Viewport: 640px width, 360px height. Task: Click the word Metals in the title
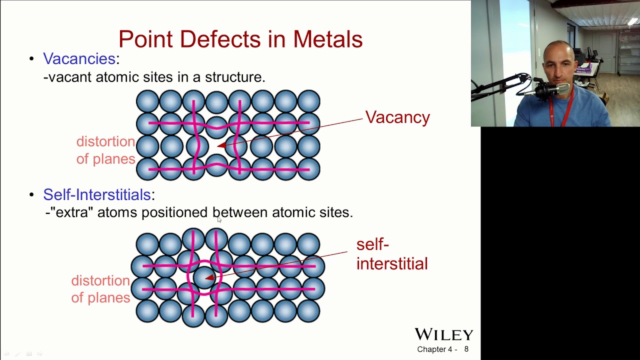coord(327,39)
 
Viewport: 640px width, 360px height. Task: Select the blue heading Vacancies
coord(79,58)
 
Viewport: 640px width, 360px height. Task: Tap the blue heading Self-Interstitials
coord(97,194)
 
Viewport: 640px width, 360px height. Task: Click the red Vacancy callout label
coord(397,117)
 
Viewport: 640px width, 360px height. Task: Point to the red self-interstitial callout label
coord(391,254)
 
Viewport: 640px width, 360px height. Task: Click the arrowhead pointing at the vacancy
coord(221,145)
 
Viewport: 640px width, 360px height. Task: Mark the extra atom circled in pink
coord(203,277)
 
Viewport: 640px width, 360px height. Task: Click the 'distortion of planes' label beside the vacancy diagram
coord(105,150)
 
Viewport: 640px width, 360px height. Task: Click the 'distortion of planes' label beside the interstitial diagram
coord(100,289)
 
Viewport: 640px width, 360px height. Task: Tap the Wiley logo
coord(443,334)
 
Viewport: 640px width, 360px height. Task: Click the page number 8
coord(466,349)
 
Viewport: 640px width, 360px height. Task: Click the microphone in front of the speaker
coord(552,90)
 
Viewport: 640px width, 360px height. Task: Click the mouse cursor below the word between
coord(219,219)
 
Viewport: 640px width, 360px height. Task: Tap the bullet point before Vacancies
coord(31,59)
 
